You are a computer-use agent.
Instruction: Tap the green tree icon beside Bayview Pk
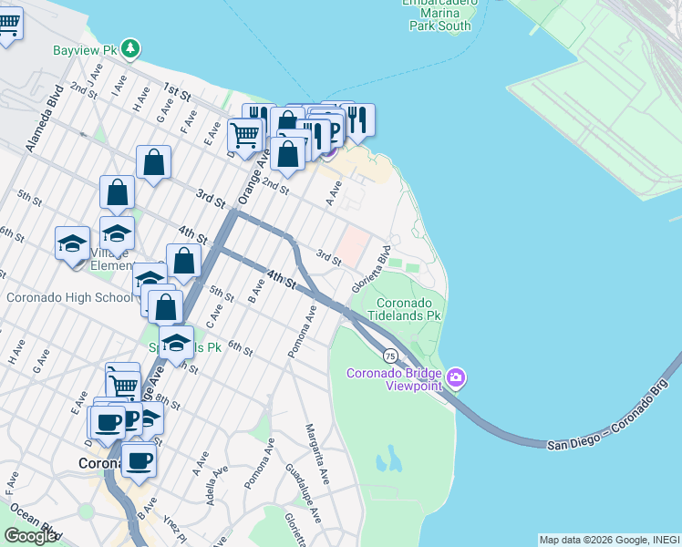tap(131, 47)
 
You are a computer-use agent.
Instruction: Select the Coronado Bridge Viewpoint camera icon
tap(456, 377)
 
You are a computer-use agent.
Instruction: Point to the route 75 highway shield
tap(390, 356)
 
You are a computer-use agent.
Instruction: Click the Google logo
tap(30, 536)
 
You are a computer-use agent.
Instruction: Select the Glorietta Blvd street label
tap(371, 266)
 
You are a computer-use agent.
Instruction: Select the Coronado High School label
tap(68, 297)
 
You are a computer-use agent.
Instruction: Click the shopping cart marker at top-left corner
tap(7, 25)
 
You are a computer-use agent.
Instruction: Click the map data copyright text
tap(609, 540)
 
